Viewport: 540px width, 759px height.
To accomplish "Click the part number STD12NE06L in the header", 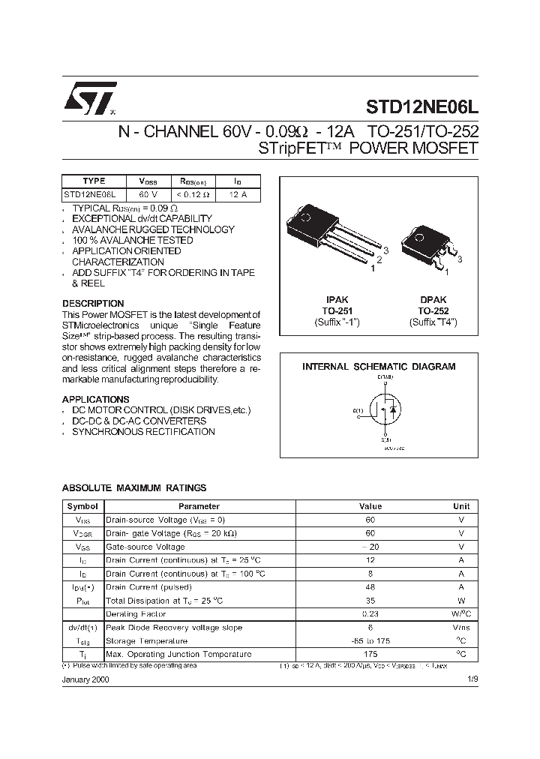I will pos(422,107).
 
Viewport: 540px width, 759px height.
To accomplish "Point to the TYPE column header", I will pos(94,181).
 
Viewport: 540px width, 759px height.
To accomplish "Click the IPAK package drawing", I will pos(330,236).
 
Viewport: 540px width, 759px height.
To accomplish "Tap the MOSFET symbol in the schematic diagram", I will pos(383,412).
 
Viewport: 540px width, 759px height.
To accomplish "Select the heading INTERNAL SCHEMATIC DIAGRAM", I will pos(379,367).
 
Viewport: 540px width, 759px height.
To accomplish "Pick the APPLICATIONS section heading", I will pos(95,399).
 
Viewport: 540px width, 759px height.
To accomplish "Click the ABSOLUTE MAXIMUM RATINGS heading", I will pos(133,488).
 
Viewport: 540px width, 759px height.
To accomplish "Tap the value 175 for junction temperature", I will pos(370,655).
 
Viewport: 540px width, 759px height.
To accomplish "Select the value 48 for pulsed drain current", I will pos(370,587).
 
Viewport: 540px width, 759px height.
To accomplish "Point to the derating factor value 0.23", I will pos(370,614).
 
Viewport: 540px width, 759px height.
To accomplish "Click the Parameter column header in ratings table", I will pos(199,506).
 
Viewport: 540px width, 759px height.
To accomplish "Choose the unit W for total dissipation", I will pos(461,601).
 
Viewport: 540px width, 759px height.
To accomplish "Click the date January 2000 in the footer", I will pos(85,678).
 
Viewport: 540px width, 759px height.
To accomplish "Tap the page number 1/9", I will pos(471,678).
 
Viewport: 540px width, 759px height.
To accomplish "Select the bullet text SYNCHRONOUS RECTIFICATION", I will pos(143,432).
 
